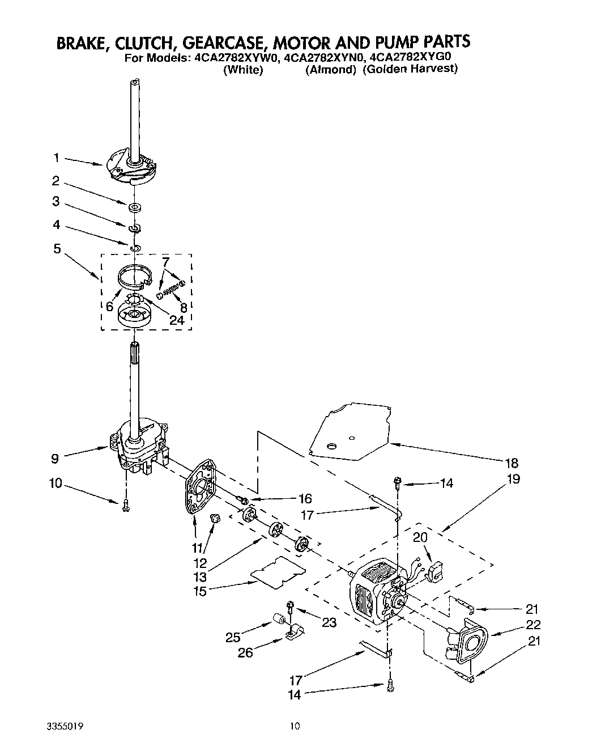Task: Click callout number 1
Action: (56, 158)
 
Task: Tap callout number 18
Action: (512, 463)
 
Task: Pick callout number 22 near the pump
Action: (533, 625)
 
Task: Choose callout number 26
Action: (245, 652)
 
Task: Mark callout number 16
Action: (305, 499)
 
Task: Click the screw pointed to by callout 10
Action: (126, 506)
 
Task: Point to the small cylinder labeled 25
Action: (279, 618)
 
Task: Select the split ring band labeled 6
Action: (136, 275)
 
